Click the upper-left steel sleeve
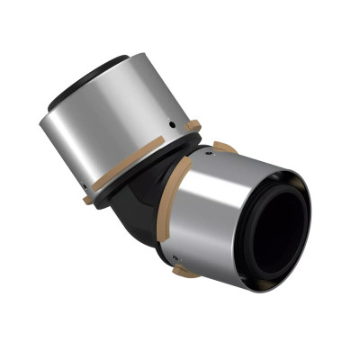coord(108,126)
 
